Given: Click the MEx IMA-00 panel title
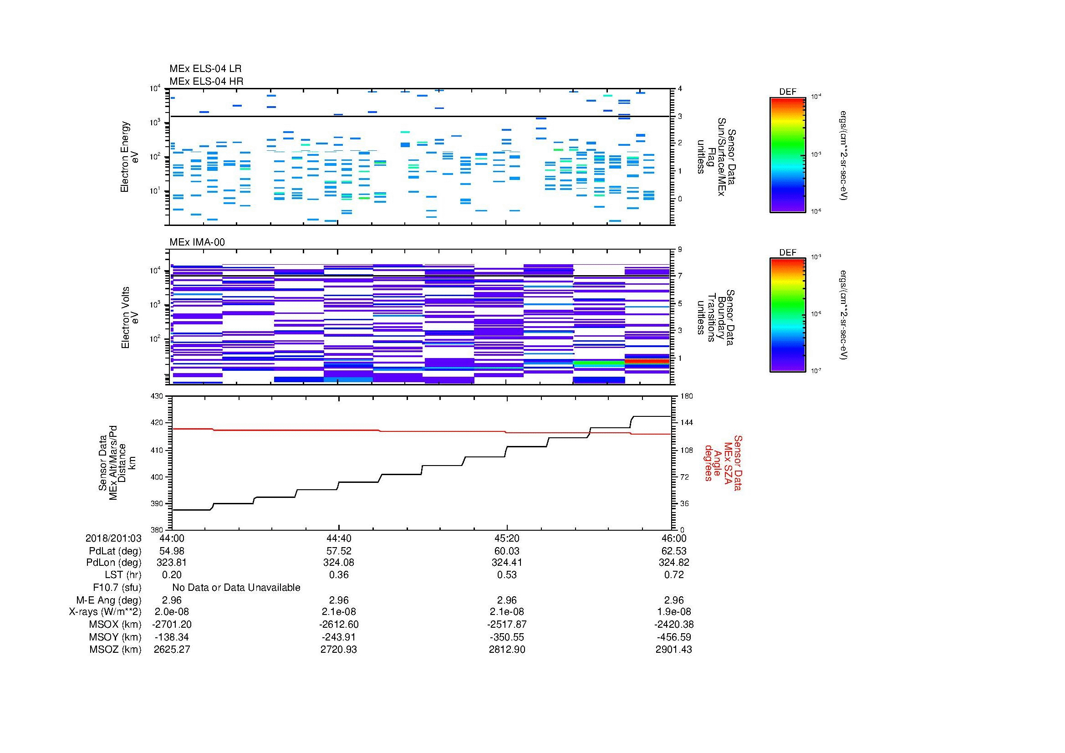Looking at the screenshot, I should point(197,242).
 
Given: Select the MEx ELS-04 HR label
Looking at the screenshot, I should point(206,81).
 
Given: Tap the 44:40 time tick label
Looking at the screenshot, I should point(339,538).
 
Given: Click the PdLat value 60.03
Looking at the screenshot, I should point(506,551).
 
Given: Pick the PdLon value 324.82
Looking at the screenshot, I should point(673,562).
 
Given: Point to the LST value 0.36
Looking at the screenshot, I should point(339,575).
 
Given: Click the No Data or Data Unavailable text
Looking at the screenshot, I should point(236,588).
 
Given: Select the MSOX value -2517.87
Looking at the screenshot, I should point(506,625).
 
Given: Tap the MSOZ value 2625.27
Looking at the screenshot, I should point(172,650).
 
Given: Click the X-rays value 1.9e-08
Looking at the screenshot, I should point(673,612).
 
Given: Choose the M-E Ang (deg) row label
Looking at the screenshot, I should point(108,600).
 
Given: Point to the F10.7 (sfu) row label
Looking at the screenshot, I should point(117,588).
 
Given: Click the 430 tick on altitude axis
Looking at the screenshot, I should point(157,396).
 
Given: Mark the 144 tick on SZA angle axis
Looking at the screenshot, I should point(686,423).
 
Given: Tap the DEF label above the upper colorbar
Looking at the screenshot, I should point(787,92).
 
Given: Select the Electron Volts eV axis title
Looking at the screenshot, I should point(130,318).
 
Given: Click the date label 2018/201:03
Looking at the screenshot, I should point(113,538).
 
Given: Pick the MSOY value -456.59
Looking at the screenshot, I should point(673,637).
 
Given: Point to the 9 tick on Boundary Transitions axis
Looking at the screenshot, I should point(679,250).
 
